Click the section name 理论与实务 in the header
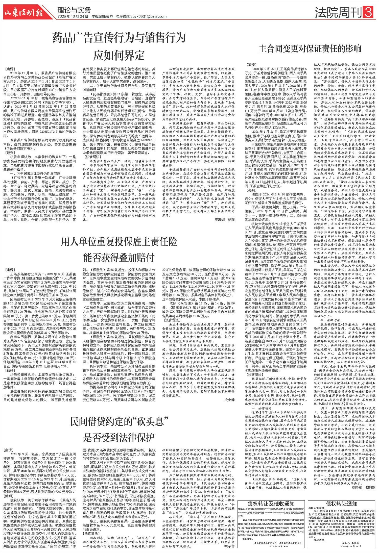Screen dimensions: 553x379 point(74,10)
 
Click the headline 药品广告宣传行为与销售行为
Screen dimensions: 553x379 point(119,38)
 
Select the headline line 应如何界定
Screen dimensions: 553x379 point(119,55)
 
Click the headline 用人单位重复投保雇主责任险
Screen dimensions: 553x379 point(119,242)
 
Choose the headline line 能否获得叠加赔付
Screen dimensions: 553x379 point(119,258)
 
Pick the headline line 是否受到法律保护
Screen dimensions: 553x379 point(119,437)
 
